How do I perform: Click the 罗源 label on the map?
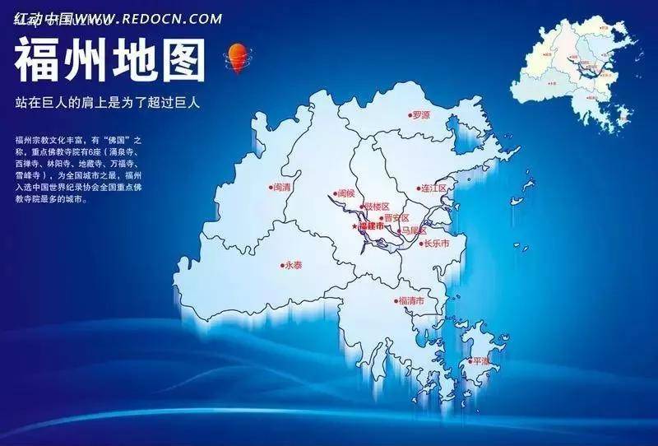421,115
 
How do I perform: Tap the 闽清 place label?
282,188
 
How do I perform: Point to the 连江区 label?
433,188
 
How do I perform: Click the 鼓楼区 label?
376,206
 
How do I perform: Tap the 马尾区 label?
412,231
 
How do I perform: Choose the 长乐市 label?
436,244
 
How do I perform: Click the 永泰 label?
294,265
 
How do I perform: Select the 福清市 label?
411,300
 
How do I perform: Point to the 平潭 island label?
479,360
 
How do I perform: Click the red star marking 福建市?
355,225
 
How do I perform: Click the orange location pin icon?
237,58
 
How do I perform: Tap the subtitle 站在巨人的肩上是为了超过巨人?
108,103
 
